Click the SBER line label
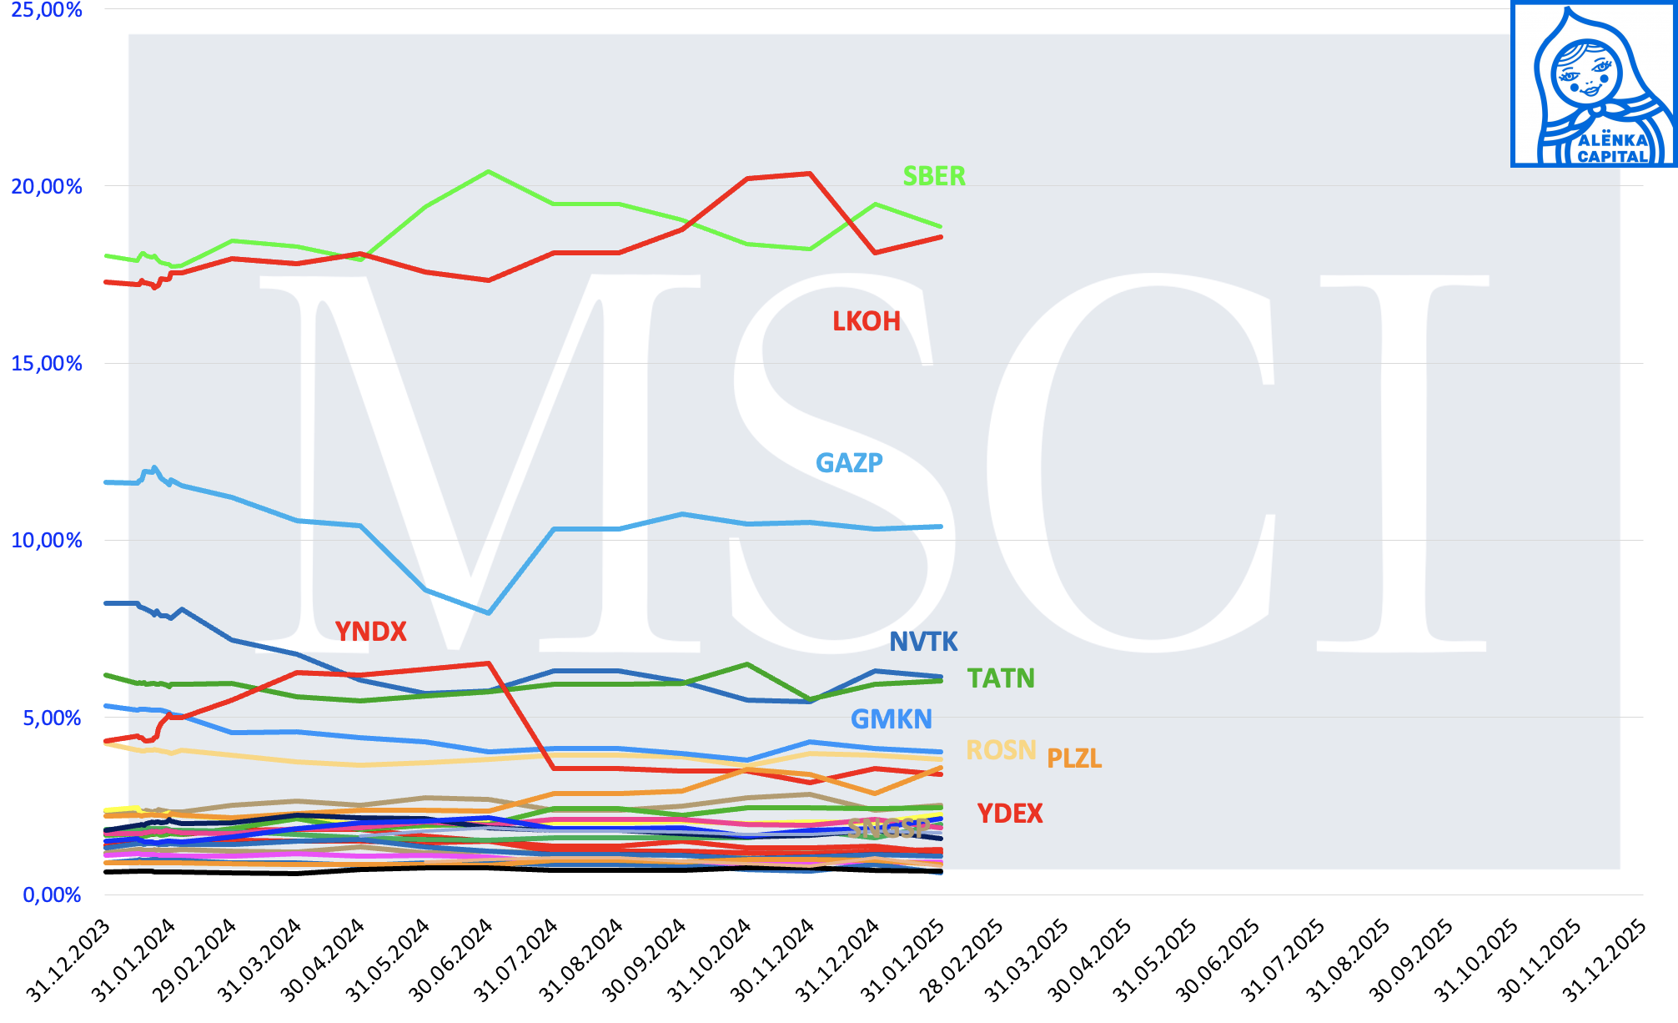(x=934, y=176)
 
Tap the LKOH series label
(x=867, y=321)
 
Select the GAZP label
(x=849, y=462)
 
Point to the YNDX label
(x=370, y=632)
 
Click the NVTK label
(x=923, y=642)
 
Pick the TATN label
(x=1001, y=678)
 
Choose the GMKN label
(x=891, y=719)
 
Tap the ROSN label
(x=1001, y=750)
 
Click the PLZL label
(x=1074, y=758)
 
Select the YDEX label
(x=1010, y=814)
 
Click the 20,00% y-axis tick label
(x=47, y=186)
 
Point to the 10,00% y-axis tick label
(x=47, y=540)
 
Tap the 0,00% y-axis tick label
(x=52, y=895)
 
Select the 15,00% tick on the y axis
(x=47, y=363)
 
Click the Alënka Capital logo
(x=1594, y=83)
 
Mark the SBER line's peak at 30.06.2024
(x=488, y=172)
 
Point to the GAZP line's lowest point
(x=489, y=613)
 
